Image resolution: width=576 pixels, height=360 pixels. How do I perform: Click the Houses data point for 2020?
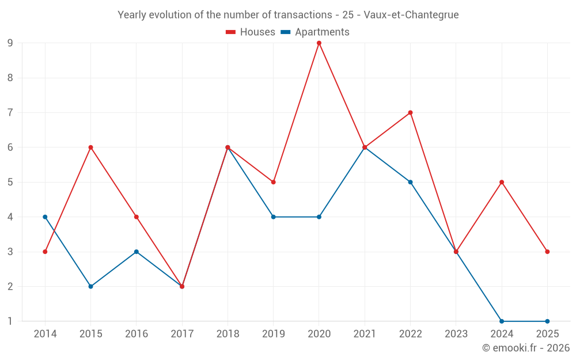(x=319, y=43)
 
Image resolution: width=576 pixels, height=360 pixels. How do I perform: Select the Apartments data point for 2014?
(x=45, y=217)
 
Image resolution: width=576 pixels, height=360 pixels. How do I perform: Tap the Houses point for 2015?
(x=91, y=147)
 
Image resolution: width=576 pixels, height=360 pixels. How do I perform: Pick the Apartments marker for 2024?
(x=502, y=321)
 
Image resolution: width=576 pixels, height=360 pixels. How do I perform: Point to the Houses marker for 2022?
(x=410, y=113)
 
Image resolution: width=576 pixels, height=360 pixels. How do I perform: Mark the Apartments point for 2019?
(x=273, y=217)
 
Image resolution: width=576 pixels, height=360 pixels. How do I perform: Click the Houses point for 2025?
(x=547, y=252)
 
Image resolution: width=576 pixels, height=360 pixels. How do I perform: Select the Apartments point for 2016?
(x=137, y=252)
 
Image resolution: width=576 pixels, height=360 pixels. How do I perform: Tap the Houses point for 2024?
(x=502, y=182)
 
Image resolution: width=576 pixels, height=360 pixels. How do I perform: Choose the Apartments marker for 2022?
(x=410, y=182)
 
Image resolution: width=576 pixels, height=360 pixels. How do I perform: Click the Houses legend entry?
(x=251, y=32)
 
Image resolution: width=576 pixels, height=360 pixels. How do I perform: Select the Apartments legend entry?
(x=315, y=32)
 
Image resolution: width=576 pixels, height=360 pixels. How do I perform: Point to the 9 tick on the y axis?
(x=10, y=43)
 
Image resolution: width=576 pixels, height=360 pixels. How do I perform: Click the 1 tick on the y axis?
(x=10, y=321)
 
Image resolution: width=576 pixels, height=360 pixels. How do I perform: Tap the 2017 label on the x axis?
(x=182, y=334)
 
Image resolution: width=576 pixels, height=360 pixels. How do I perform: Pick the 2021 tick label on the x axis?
(x=365, y=334)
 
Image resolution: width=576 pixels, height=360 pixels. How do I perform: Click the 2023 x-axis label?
(x=456, y=334)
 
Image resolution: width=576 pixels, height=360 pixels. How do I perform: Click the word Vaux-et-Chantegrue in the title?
(x=411, y=15)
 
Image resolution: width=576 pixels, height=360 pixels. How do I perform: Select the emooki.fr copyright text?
(x=526, y=347)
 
